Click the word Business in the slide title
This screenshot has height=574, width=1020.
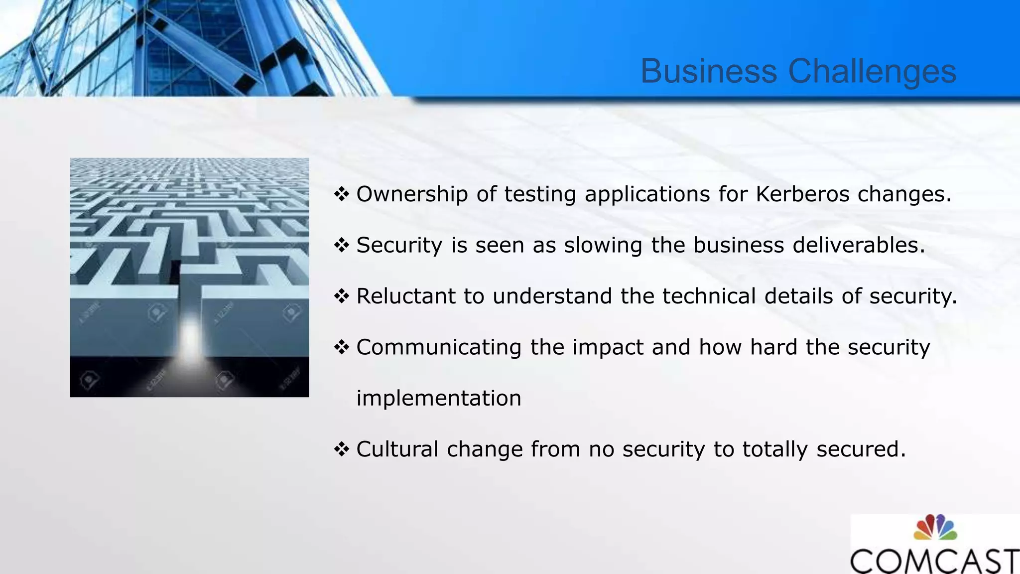[x=708, y=71]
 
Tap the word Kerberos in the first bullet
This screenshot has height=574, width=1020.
[x=802, y=194]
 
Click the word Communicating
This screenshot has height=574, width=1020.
[x=438, y=347]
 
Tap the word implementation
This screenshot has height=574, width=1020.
[x=439, y=399]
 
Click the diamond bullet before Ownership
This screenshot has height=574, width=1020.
[x=342, y=194]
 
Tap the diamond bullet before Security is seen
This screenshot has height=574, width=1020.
[x=342, y=245]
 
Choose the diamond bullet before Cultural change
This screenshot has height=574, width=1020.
[x=342, y=449]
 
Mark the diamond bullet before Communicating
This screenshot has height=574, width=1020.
[x=342, y=347]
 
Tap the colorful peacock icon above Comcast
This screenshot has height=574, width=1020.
[x=935, y=528]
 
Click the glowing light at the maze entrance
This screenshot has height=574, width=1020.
[x=190, y=339]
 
